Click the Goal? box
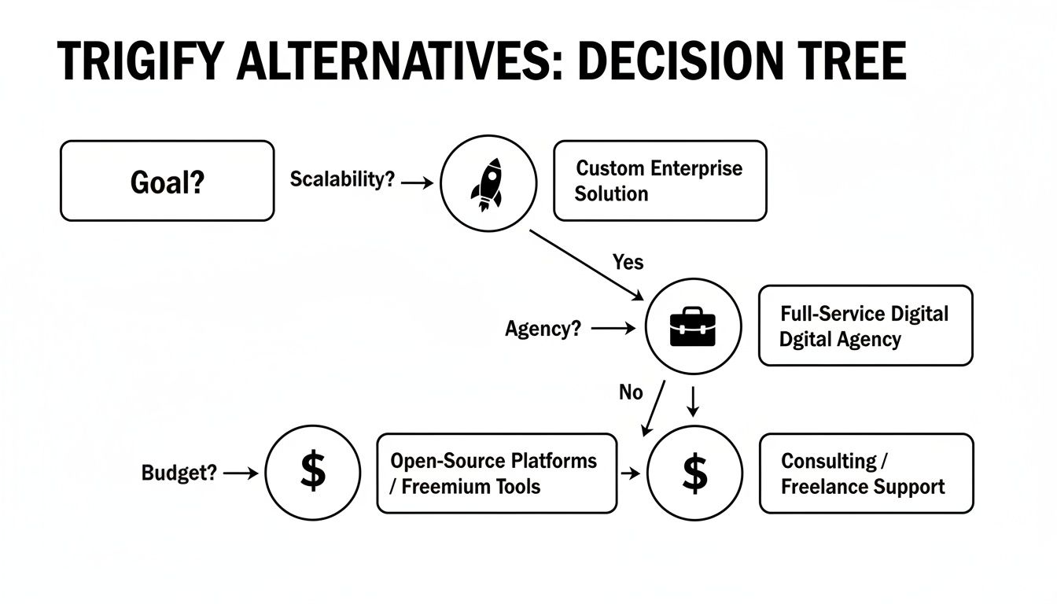[x=167, y=181]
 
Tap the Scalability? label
[x=341, y=179]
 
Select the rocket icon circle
[x=488, y=182]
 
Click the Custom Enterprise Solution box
[x=659, y=181]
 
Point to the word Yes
[x=628, y=262]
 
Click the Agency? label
[x=543, y=329]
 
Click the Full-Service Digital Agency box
[x=865, y=326]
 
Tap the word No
[x=631, y=392]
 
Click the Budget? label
[x=179, y=473]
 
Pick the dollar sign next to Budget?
[x=312, y=472]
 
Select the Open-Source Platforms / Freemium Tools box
[x=496, y=473]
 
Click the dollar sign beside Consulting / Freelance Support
[x=694, y=473]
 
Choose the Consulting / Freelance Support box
[x=866, y=473]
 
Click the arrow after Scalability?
[x=417, y=182]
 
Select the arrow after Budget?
[x=241, y=473]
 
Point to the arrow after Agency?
[x=613, y=329]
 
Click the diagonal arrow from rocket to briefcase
[x=585, y=264]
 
